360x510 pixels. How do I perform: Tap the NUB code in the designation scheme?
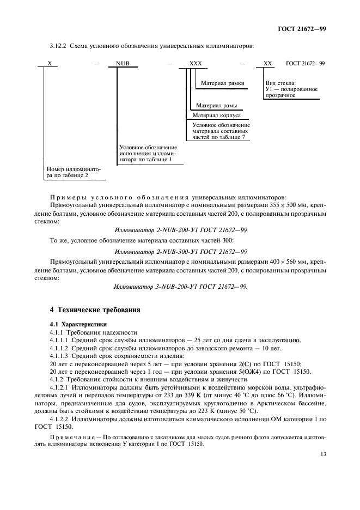(x=123, y=63)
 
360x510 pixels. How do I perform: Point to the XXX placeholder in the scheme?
(x=195, y=63)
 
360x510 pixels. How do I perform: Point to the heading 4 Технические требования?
(x=95, y=310)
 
